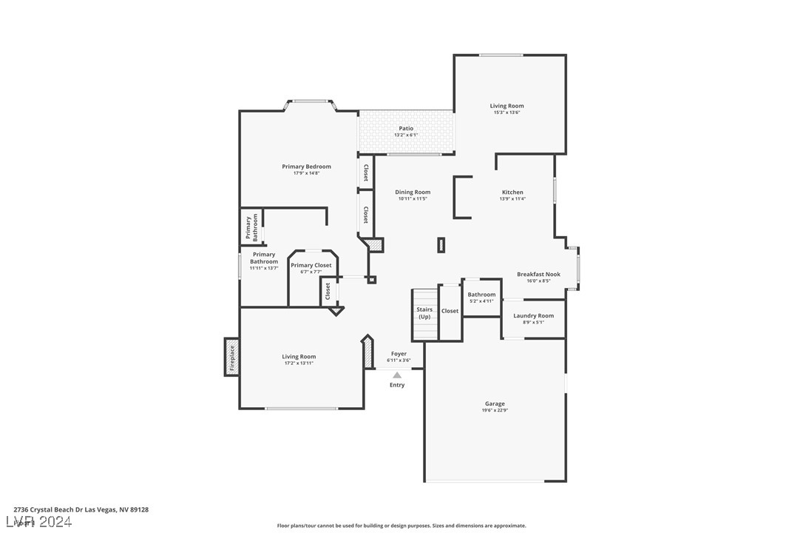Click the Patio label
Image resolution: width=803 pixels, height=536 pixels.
point(406,128)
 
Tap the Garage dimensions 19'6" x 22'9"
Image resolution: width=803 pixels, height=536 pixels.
point(495,410)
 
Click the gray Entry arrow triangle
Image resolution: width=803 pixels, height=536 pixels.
point(397,375)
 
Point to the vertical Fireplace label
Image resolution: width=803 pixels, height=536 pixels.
point(231,357)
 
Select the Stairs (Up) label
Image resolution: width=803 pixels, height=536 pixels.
point(424,313)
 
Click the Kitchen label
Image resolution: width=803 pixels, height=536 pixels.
point(512,192)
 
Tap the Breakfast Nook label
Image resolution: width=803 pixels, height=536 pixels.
point(538,274)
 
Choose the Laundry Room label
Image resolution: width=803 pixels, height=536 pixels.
point(534,315)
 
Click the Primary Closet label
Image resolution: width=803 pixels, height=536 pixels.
point(311,265)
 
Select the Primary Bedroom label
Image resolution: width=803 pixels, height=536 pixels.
point(306,167)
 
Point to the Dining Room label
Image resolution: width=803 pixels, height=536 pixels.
point(413,192)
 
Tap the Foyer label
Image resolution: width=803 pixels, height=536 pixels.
point(399,354)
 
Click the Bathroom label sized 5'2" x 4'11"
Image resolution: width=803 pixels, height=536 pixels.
point(481,295)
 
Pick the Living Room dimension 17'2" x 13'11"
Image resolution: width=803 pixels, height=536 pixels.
point(299,364)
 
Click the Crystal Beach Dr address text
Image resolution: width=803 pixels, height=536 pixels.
point(81,509)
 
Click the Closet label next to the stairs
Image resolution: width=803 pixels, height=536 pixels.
point(450,311)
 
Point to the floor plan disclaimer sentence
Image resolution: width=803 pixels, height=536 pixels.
point(402,526)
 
